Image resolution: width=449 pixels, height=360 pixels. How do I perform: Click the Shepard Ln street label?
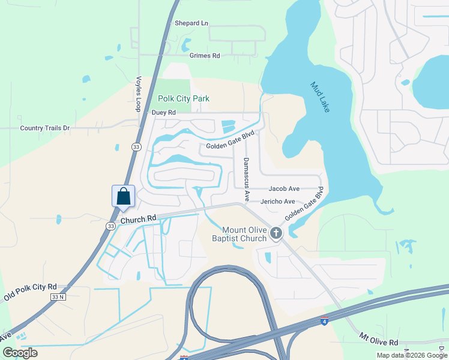(191, 23)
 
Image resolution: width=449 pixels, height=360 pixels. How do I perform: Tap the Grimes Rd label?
(205, 56)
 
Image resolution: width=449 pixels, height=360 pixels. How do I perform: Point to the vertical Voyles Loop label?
(138, 94)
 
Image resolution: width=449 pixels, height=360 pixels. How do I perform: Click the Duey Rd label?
(164, 112)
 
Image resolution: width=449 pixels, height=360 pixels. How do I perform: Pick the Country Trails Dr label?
(45, 128)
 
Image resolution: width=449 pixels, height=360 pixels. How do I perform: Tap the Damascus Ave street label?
(246, 179)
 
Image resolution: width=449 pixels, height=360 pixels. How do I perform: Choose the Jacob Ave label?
(284, 189)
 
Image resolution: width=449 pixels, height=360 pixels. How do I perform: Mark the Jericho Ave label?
(277, 202)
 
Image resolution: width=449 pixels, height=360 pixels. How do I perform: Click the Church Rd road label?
(138, 220)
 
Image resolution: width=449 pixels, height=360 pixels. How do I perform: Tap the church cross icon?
(276, 233)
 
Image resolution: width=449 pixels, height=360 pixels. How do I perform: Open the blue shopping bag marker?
(123, 197)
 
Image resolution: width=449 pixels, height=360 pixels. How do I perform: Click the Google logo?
(20, 353)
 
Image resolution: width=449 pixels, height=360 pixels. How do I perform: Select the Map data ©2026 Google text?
(411, 355)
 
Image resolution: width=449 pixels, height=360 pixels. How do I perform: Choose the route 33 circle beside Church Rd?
(110, 226)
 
